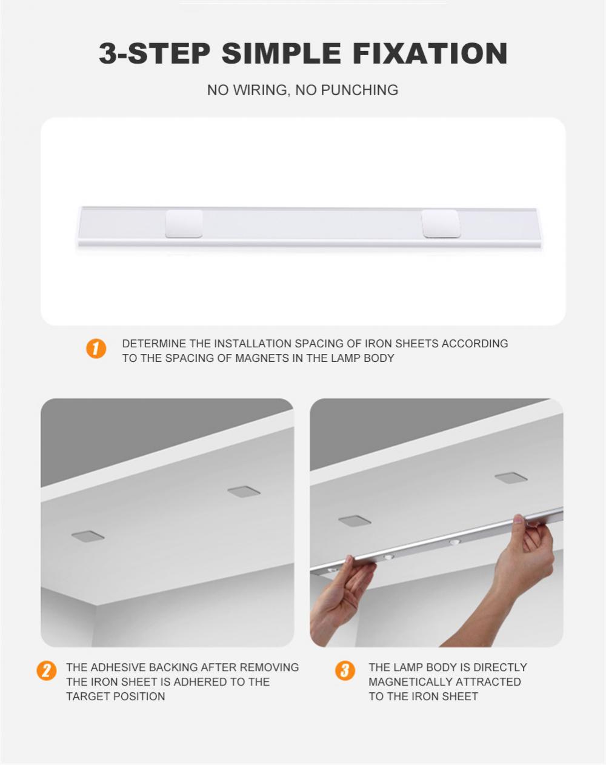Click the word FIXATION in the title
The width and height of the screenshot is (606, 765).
(x=430, y=53)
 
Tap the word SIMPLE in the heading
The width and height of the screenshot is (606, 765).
(x=281, y=53)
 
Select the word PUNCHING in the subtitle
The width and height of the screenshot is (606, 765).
(x=359, y=90)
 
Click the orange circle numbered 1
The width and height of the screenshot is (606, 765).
(x=96, y=349)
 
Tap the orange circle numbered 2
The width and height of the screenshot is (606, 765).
(x=47, y=671)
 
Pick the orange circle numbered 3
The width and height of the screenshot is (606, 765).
(x=345, y=671)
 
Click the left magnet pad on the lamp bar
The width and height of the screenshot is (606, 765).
(x=184, y=224)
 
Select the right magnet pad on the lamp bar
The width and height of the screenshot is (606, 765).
(x=440, y=224)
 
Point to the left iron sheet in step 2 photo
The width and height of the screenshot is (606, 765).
(x=88, y=536)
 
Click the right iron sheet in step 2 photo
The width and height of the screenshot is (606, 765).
(x=244, y=492)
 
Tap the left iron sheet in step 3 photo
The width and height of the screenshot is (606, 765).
(x=355, y=521)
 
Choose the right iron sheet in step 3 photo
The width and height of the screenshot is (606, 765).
(x=511, y=478)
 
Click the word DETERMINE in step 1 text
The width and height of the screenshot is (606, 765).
(x=154, y=343)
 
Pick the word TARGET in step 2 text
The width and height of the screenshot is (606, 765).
(x=87, y=697)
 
